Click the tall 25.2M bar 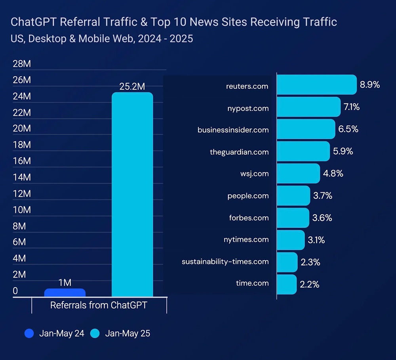pyautogui.click(x=132, y=194)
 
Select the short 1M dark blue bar pyautogui.click(x=65, y=293)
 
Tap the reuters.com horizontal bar pyautogui.click(x=316, y=85)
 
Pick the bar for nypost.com pyautogui.click(x=308, y=107)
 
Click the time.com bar pyautogui.click(x=287, y=284)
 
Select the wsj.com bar pyautogui.click(x=298, y=173)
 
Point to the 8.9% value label pyautogui.click(x=370, y=84)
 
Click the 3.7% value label pyautogui.click(x=322, y=195)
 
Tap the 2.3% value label pyautogui.click(x=310, y=262)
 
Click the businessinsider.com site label pyautogui.click(x=233, y=130)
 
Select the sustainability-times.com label pyautogui.click(x=225, y=262)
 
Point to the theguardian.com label pyautogui.click(x=239, y=152)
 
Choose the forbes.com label pyautogui.click(x=249, y=218)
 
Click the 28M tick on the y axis pyautogui.click(x=21, y=64)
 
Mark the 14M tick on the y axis pyautogui.click(x=21, y=177)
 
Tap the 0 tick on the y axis pyautogui.click(x=15, y=291)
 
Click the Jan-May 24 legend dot pyautogui.click(x=29, y=333)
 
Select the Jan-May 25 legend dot pyautogui.click(x=95, y=333)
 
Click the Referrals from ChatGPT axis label pyautogui.click(x=99, y=305)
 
